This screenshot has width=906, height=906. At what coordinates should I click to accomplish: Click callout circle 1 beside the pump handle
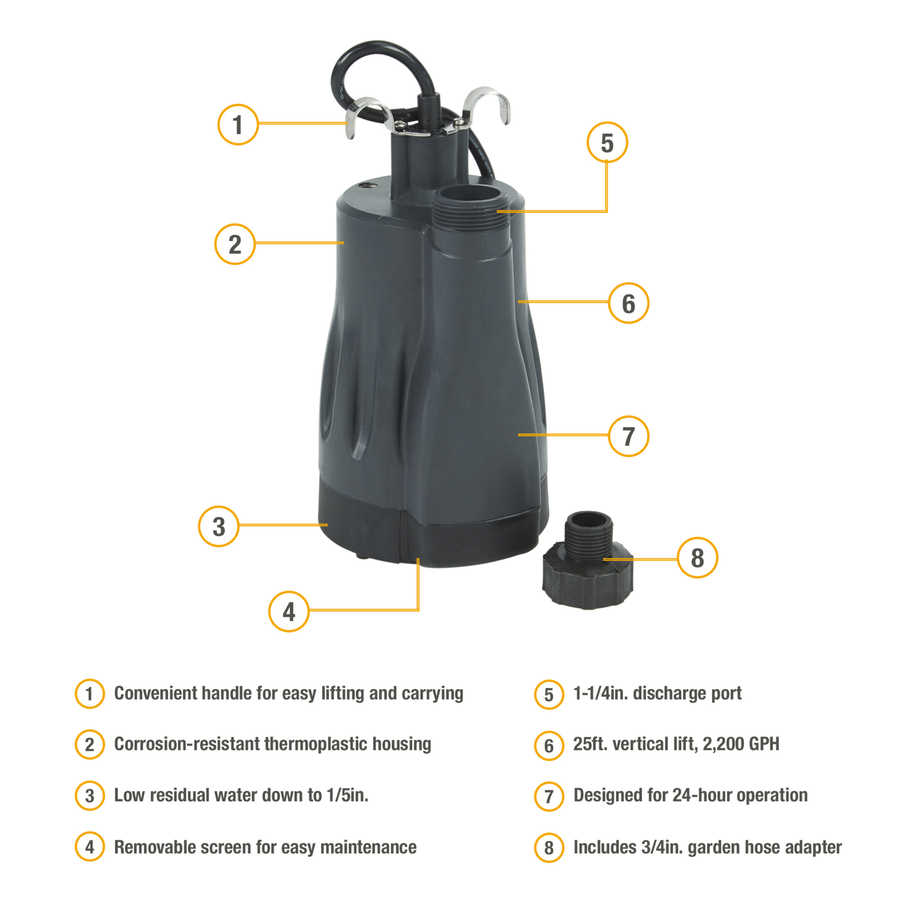coord(238,124)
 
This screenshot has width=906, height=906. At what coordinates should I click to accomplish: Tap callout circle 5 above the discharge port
coord(607,142)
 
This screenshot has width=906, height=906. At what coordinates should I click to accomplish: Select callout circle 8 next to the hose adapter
coord(697,558)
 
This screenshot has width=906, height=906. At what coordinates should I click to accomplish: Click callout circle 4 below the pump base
coord(289,611)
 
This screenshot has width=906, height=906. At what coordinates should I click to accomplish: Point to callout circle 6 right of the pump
coord(628,303)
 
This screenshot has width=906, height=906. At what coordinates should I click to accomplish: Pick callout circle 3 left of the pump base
coord(218,526)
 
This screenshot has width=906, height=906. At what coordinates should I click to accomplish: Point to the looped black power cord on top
coord(371,61)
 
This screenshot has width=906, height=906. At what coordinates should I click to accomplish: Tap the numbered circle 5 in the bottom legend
coord(549,694)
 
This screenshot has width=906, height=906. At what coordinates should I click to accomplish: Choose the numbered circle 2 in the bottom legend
coord(90,745)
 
